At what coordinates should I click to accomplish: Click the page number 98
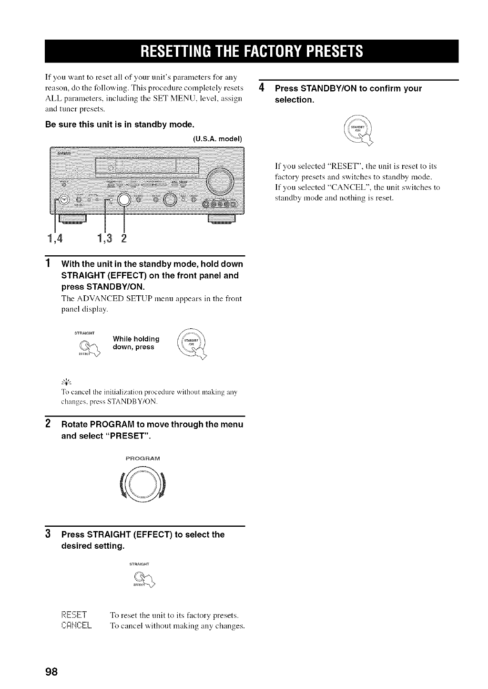(51, 671)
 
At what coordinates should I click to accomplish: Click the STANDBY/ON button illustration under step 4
(358, 131)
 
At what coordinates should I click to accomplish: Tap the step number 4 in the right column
(261, 88)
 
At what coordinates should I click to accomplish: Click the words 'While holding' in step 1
(136, 339)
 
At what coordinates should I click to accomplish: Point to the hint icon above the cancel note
(66, 381)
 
